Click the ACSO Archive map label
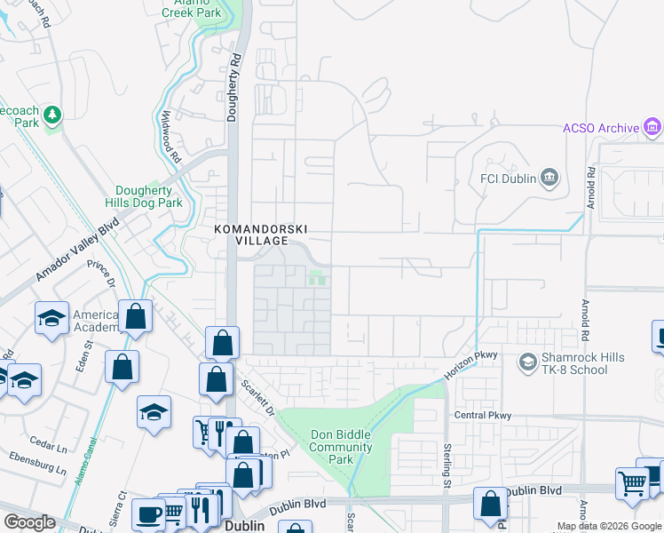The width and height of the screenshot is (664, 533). pos(601,128)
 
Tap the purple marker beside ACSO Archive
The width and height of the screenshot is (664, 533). pos(652,127)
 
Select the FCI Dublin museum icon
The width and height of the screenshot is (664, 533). pos(549,179)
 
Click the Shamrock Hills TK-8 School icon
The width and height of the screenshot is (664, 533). pos(527,362)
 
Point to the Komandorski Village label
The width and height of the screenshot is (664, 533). pos(250,235)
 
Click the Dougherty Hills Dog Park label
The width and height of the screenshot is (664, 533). pos(149,196)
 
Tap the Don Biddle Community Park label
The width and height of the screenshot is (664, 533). pos(342,447)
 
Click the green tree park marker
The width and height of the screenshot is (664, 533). pos(52,114)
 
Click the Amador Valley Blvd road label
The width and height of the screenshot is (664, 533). pos(77,253)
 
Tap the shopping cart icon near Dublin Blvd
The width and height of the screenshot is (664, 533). pos(632,484)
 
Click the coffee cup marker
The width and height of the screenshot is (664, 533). pos(147,514)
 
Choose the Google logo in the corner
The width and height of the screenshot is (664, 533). pos(29,522)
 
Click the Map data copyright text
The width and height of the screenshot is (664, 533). pos(608,526)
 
